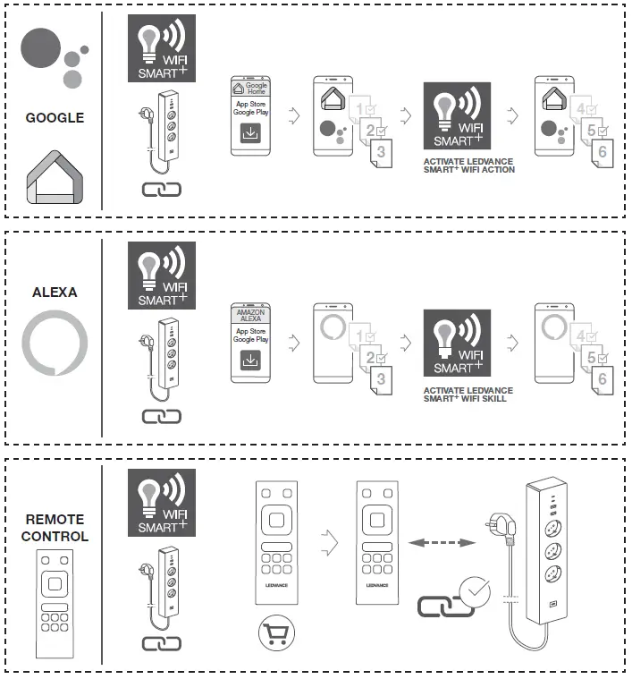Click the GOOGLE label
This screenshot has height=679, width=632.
(55, 117)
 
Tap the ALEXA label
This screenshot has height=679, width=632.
(55, 292)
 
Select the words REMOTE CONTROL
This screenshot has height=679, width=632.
(55, 528)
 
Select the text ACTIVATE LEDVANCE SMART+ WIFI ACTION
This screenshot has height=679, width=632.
(468, 165)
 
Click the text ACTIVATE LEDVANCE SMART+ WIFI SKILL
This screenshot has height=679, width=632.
(468, 395)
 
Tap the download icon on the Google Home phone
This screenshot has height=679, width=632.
(250, 133)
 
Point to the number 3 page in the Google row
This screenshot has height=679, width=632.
(382, 153)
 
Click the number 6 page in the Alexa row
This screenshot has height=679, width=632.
(603, 379)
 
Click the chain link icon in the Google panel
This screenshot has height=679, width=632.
(161, 189)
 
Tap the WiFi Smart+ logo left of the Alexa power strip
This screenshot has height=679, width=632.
(162, 276)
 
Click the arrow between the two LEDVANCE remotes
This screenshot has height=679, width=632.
(330, 540)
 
